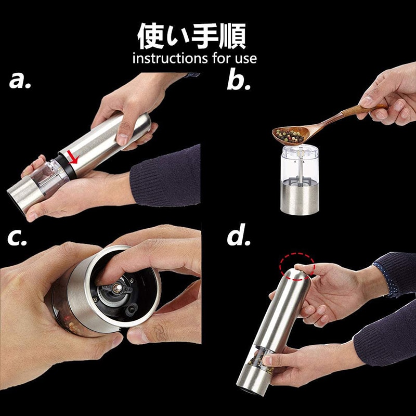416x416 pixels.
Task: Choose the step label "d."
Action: tap(239, 235)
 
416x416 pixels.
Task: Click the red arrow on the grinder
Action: tap(73, 157)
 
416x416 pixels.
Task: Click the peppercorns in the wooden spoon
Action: tap(290, 136)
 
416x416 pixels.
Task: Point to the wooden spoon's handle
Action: tap(353, 114)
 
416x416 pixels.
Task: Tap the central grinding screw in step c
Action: tap(117, 288)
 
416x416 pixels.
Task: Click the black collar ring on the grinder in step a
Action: tap(66, 166)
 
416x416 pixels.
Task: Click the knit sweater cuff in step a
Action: tap(165, 176)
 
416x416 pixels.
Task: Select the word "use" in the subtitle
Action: tap(245, 59)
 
